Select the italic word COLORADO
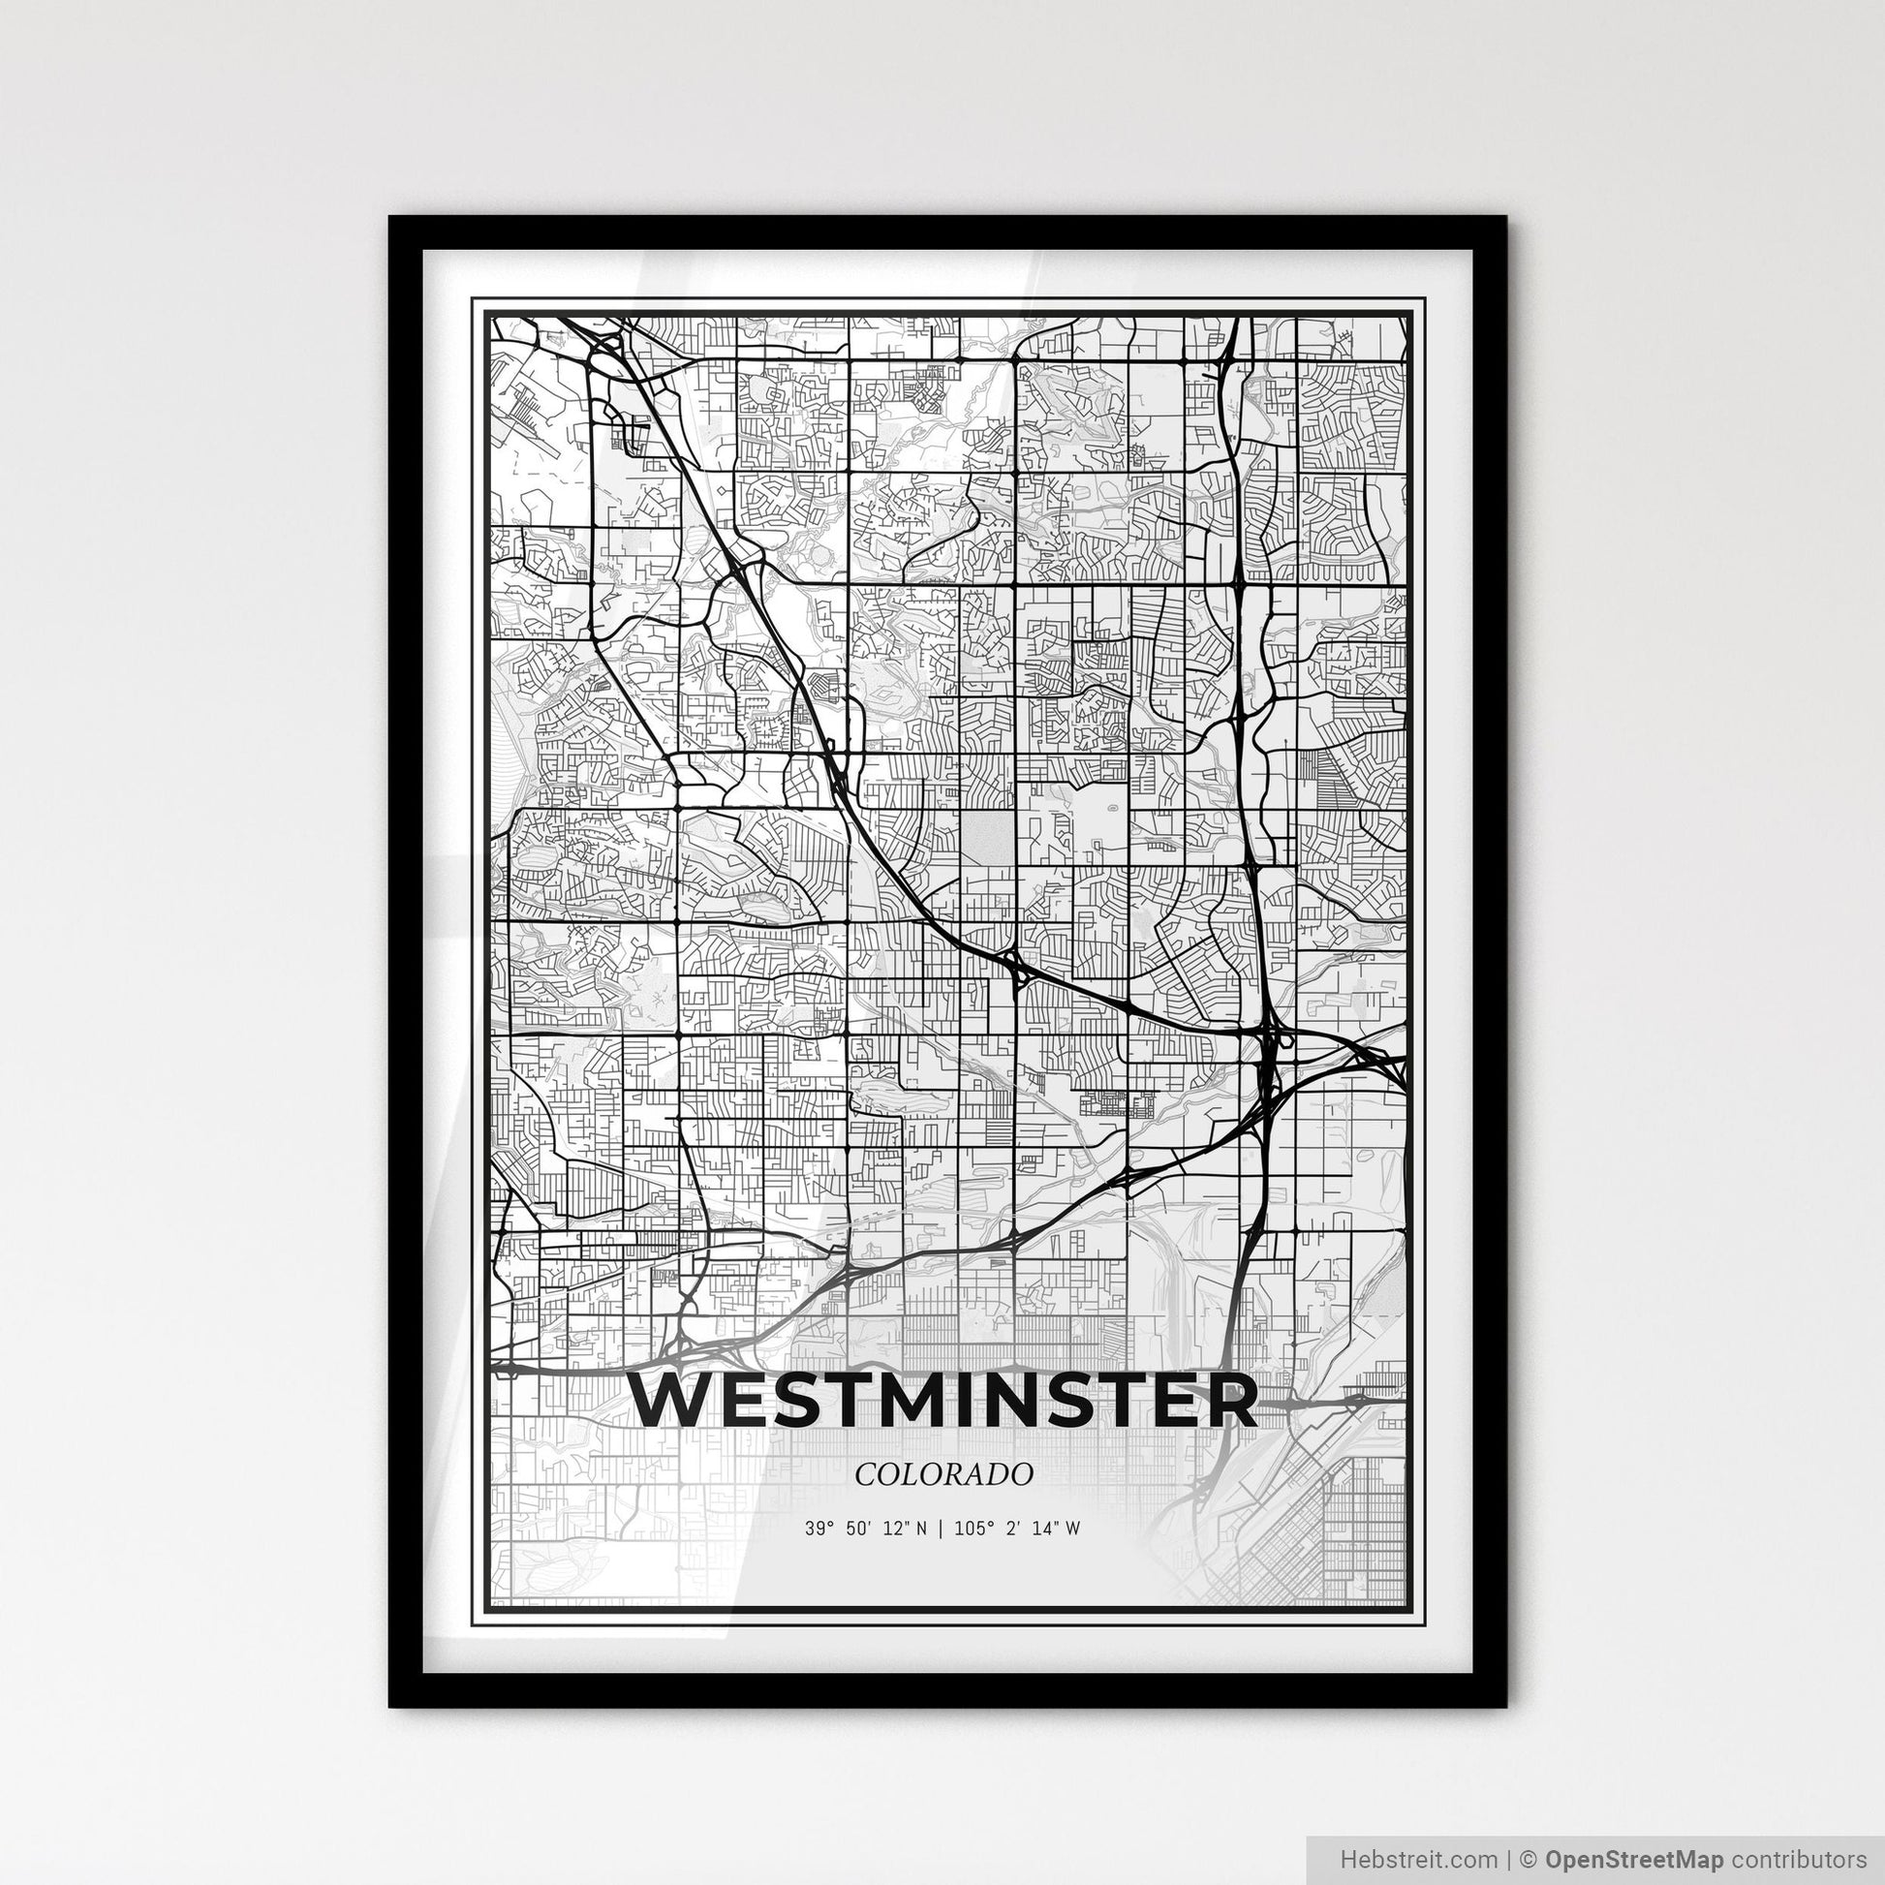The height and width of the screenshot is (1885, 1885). click(x=943, y=1475)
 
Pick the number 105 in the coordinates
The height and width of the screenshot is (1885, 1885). click(x=967, y=1530)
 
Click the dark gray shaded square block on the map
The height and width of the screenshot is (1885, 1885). click(x=989, y=836)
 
